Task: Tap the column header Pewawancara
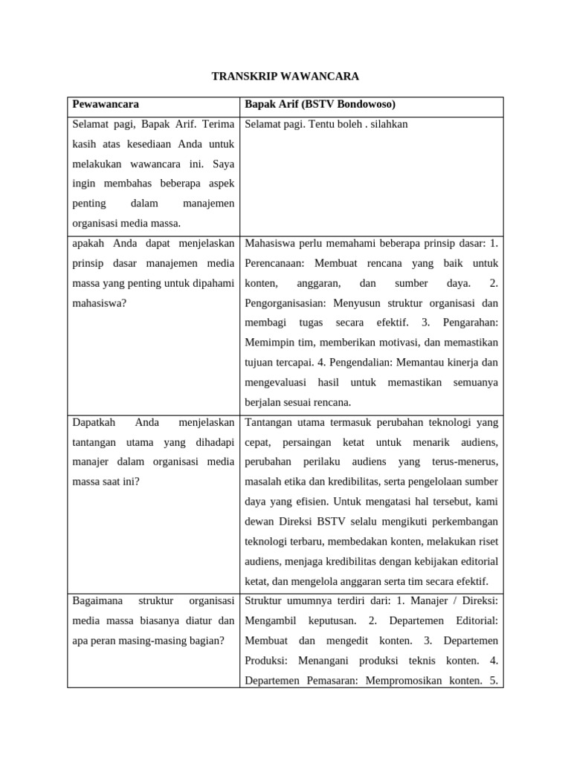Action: click(106, 104)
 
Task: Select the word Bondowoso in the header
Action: click(360, 104)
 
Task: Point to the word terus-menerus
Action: click(460, 462)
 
